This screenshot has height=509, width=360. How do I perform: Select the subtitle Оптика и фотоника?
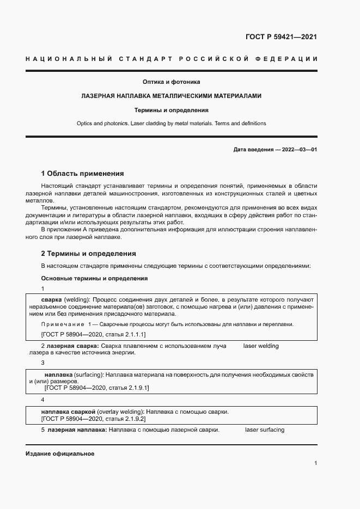pyautogui.click(x=172, y=82)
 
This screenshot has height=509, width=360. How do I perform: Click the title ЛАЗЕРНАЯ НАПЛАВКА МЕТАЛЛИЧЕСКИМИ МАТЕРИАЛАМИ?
pyautogui.click(x=172, y=96)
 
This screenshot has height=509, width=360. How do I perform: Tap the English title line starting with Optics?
pyautogui.click(x=172, y=124)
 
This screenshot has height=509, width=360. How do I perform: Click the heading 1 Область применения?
pyautogui.click(x=82, y=174)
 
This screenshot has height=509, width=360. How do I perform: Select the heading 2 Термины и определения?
pyautogui.click(x=88, y=254)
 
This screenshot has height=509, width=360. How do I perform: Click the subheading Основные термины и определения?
pyautogui.click(x=94, y=278)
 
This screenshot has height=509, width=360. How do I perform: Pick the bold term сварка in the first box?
pyautogui.click(x=51, y=300)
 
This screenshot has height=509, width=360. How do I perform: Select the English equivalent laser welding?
pyautogui.click(x=260, y=346)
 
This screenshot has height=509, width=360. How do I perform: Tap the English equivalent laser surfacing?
pyautogui.click(x=264, y=430)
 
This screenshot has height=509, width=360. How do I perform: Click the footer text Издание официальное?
pyautogui.click(x=60, y=454)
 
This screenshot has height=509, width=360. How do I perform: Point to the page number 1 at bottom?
pyautogui.click(x=315, y=463)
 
